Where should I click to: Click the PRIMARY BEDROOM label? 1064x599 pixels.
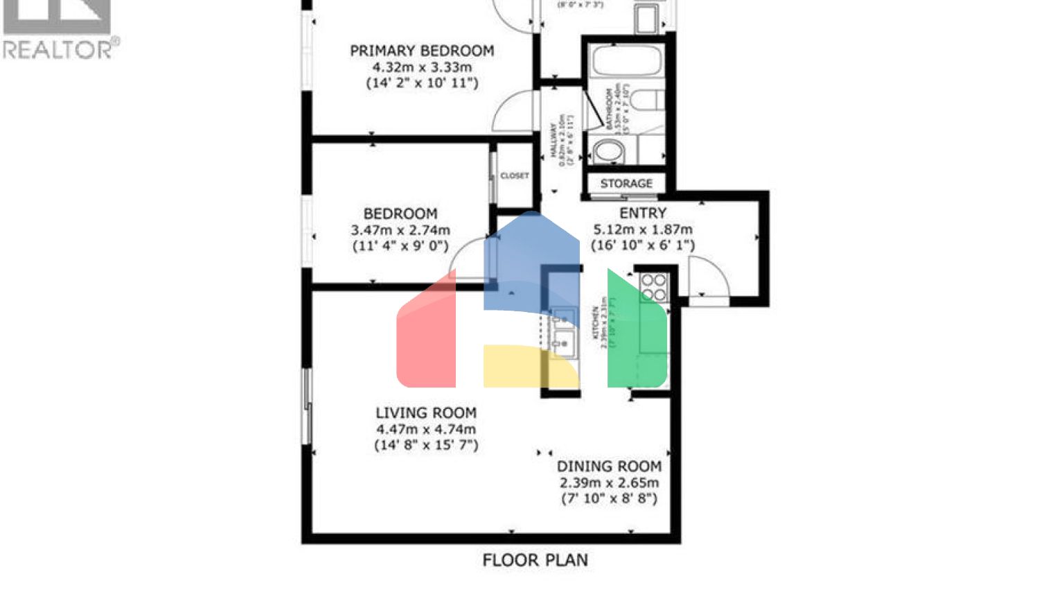[422, 51]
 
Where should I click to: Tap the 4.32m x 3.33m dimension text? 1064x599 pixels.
[422, 67]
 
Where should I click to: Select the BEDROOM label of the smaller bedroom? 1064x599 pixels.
[400, 214]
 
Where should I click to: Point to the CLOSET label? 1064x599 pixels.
[515, 176]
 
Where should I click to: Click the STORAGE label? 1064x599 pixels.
[626, 184]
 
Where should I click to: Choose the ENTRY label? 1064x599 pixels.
[643, 213]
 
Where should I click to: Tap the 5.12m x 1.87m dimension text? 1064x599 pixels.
[643, 229]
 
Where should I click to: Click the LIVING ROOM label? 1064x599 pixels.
[426, 413]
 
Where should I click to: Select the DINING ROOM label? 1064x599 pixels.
[609, 467]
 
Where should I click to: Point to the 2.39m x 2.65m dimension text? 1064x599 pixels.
[609, 483]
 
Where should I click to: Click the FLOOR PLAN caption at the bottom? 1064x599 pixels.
[535, 560]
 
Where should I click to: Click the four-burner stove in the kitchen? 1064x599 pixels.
[653, 287]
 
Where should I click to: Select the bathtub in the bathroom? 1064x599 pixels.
[627, 62]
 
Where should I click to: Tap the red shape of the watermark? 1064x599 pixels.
[427, 340]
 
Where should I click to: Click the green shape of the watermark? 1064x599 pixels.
[636, 333]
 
